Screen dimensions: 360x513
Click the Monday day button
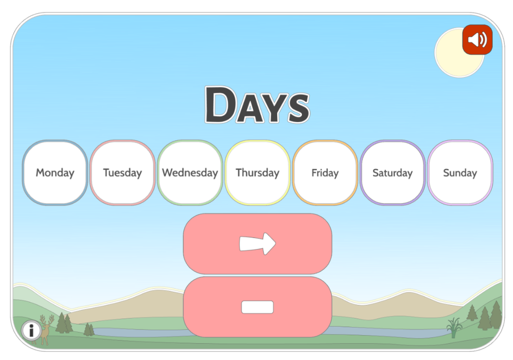[x=55, y=173]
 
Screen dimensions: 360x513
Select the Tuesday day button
[x=122, y=173]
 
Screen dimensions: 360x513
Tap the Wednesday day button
[x=190, y=173]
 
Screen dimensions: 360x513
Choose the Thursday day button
[x=257, y=173]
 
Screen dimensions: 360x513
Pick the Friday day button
[x=325, y=173]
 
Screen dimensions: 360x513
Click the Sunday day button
[x=460, y=173]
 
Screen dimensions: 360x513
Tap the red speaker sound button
[x=477, y=40]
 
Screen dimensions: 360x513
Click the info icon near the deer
[x=31, y=330]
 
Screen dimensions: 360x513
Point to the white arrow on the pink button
[x=258, y=243]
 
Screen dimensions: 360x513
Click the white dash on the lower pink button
[x=258, y=307]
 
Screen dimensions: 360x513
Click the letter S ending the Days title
[x=298, y=108]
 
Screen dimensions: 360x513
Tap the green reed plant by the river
[x=453, y=327]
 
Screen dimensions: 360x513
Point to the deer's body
[x=46, y=333]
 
